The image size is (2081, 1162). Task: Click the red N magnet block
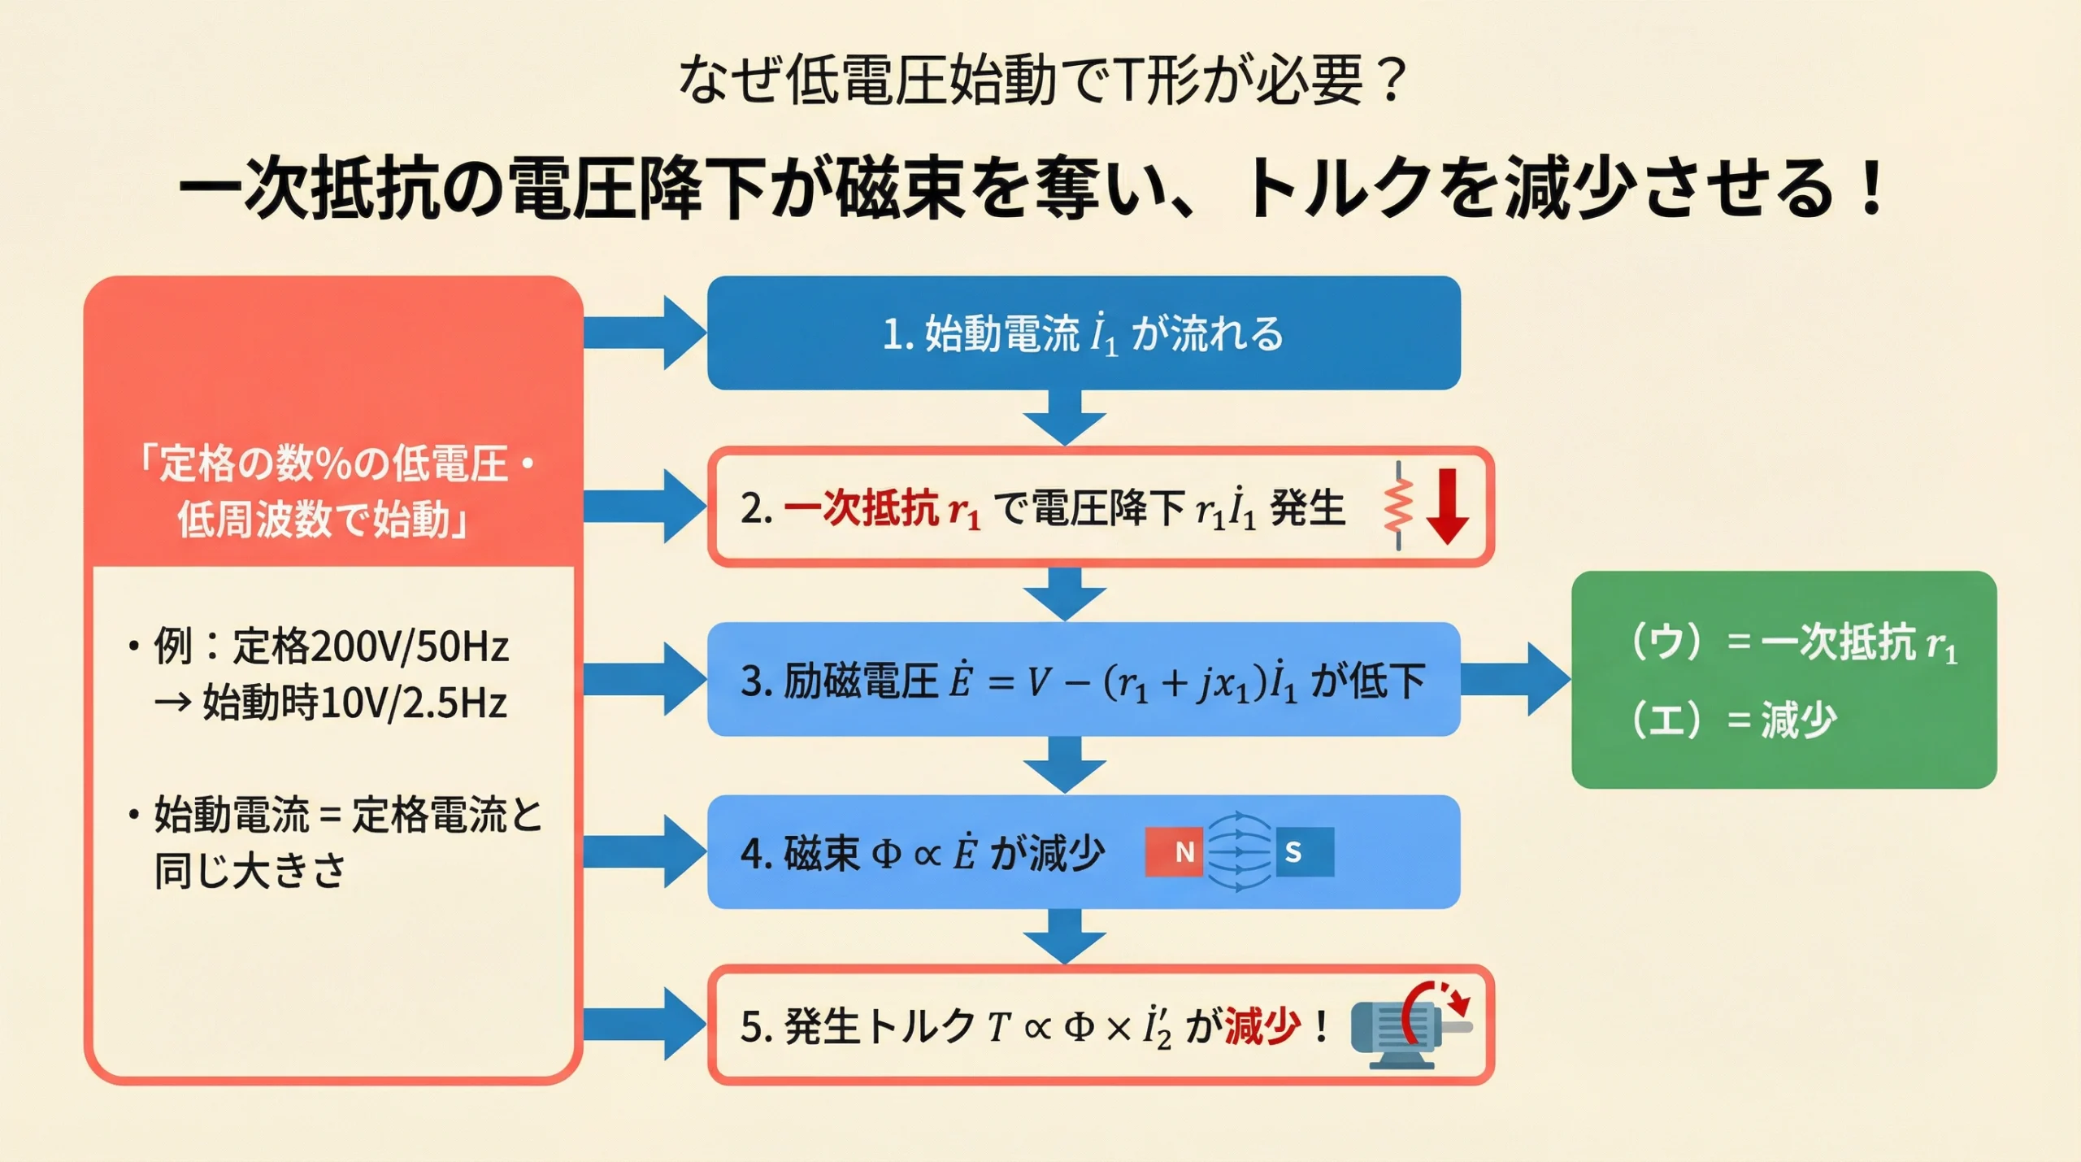1174,851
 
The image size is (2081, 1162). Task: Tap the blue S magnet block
1304,851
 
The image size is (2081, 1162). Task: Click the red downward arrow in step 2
1447,506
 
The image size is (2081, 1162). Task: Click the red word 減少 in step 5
1262,1025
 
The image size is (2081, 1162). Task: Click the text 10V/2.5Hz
415,703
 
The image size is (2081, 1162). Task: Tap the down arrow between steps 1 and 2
1064,417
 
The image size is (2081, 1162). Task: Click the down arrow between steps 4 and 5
1064,936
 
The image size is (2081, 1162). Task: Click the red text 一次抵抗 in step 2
862,509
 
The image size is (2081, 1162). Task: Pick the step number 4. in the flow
755,853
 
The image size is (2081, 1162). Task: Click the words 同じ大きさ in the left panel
250,871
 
